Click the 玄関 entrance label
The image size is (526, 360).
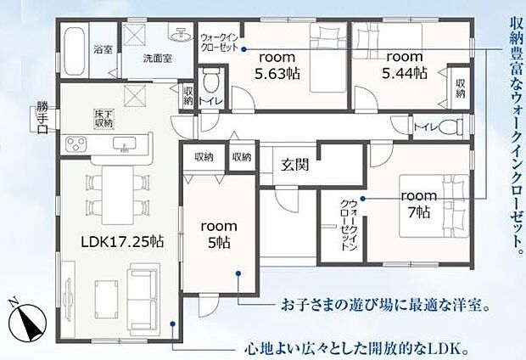pyautogui.click(x=296, y=165)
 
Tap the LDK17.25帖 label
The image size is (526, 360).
pyautogui.click(x=123, y=241)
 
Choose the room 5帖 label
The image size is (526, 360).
pyautogui.click(x=218, y=233)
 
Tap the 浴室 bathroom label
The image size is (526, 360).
pyautogui.click(x=104, y=50)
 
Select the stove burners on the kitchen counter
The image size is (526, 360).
pyautogui.click(x=78, y=143)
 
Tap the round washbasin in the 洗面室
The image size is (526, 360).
pyautogui.click(x=181, y=35)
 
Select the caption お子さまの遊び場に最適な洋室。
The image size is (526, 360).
pyautogui.click(x=384, y=303)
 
